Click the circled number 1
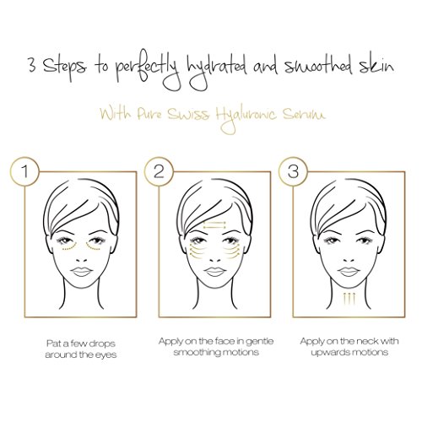coord(25,171)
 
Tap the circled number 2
coord(159,171)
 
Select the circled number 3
coord(293,171)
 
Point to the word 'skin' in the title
coord(376,65)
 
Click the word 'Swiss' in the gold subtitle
coord(188,114)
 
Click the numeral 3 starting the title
coord(32,66)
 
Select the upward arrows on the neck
coord(349,299)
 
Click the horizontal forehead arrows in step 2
coord(214,225)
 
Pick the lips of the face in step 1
coord(81,271)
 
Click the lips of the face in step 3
coord(349,271)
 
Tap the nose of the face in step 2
coord(214,259)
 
